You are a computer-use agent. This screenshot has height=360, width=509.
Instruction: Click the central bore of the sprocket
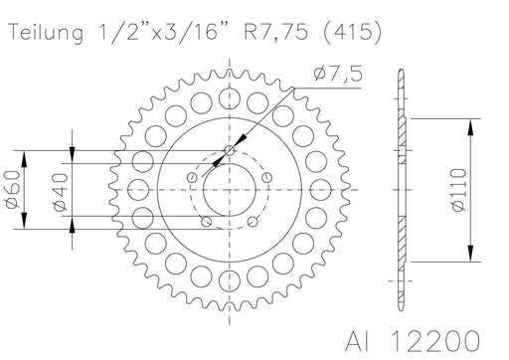232,188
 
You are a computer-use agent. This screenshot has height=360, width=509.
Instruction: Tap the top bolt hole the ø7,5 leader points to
231,150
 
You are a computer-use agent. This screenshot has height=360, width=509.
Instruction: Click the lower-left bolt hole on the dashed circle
206,221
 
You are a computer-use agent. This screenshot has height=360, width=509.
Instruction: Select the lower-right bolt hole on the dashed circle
257,221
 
